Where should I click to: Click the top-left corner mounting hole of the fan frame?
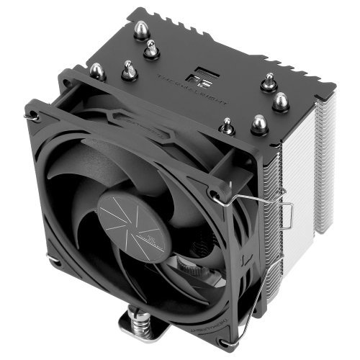point(32,114)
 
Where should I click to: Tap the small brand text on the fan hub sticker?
point(153,235)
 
